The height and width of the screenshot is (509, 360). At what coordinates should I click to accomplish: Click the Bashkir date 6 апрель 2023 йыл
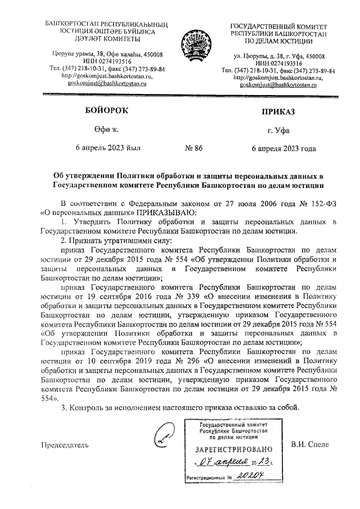[x=109, y=148]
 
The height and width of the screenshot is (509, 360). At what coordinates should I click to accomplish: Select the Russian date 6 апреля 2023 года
[x=283, y=148]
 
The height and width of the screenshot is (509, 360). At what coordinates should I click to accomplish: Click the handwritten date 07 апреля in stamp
[x=223, y=463]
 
